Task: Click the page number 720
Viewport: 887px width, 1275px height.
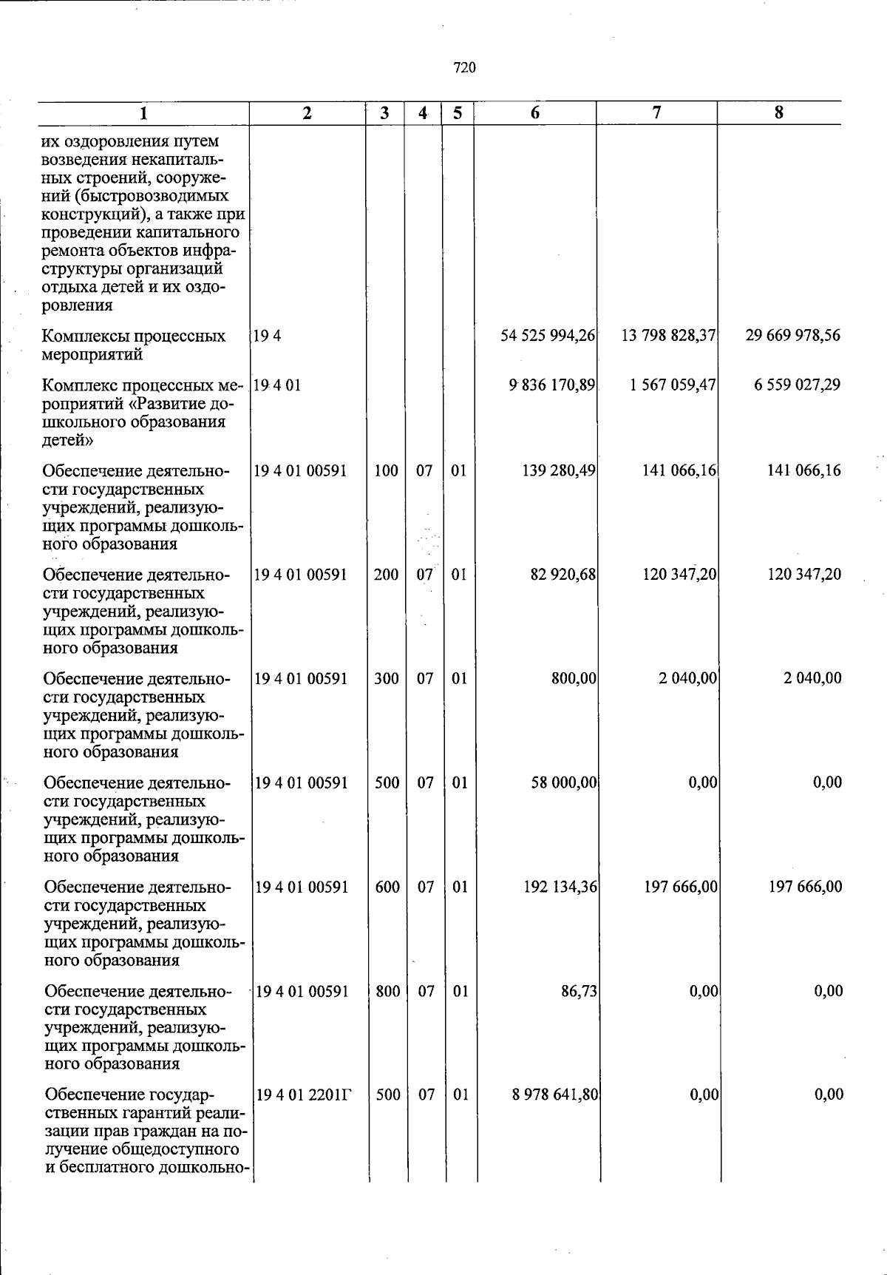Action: [x=464, y=68]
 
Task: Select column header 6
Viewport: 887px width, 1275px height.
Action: [x=534, y=112]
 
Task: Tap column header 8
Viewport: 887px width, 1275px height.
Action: [x=778, y=112]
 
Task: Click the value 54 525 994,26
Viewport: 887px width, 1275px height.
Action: [x=548, y=336]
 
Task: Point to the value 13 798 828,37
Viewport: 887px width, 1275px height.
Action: [x=668, y=336]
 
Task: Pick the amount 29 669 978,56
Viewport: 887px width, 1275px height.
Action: [x=792, y=336]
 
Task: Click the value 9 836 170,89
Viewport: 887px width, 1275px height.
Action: [x=551, y=385]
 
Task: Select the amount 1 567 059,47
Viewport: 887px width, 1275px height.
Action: [x=673, y=385]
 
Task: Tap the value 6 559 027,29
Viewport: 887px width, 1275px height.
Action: [x=797, y=385]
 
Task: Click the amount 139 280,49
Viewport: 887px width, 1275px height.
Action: [x=559, y=470]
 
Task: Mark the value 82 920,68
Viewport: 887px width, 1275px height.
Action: [x=563, y=575]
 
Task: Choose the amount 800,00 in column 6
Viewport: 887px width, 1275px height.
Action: [x=574, y=678]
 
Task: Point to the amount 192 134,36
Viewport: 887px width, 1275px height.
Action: [x=560, y=887]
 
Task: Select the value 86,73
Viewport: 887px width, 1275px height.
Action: [x=579, y=991]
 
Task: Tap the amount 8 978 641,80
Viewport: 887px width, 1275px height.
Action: [x=554, y=1095]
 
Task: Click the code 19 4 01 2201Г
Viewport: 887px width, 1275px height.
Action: [x=303, y=1095]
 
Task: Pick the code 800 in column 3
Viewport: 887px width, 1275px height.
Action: [x=388, y=991]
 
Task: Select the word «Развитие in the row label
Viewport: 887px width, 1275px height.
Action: [x=157, y=404]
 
